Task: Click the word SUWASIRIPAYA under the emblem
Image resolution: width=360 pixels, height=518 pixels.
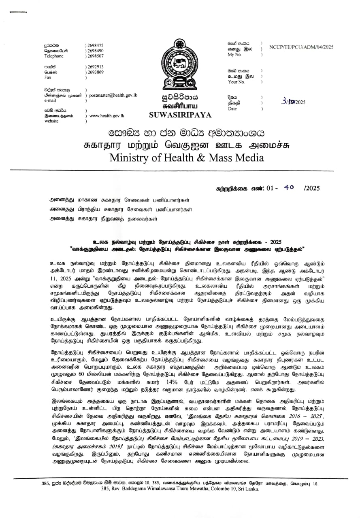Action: coord(180,115)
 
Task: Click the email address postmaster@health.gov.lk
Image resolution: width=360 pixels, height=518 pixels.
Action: coord(113,95)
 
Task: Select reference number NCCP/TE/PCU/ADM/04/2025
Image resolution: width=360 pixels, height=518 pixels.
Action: coord(301,47)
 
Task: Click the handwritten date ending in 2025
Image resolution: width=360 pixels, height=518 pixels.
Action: coord(295,102)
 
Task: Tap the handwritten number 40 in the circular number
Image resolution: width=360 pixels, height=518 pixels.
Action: coord(289,188)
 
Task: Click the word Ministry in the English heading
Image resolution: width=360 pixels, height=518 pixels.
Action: coord(133,157)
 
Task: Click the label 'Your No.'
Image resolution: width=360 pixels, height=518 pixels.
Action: coord(236,82)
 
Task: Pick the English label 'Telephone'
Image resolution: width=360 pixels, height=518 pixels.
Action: coord(54,56)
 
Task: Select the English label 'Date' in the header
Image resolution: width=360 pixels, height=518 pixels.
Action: coord(232,109)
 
